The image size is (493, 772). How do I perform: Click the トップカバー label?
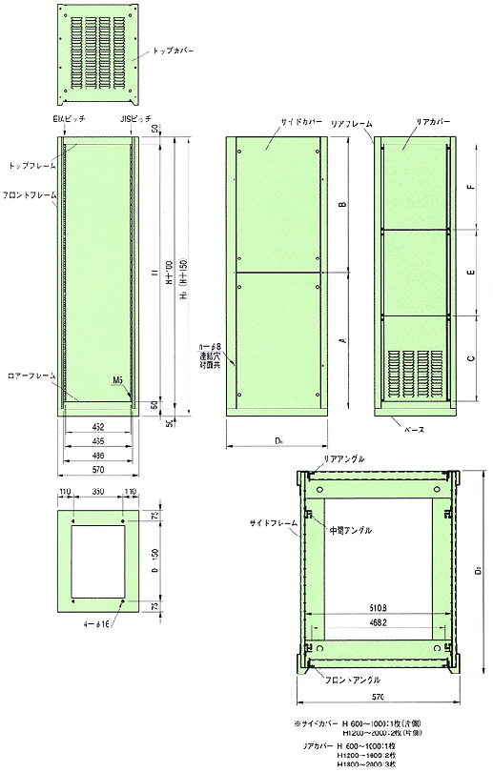click(x=175, y=49)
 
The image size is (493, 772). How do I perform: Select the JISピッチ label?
click(x=134, y=120)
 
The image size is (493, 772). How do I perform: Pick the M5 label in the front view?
click(x=117, y=379)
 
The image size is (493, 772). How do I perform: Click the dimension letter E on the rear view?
click(x=473, y=273)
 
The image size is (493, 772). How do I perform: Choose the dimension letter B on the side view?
click(x=342, y=204)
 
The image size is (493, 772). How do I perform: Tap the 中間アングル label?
click(x=350, y=530)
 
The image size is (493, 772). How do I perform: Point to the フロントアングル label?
click(x=353, y=680)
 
